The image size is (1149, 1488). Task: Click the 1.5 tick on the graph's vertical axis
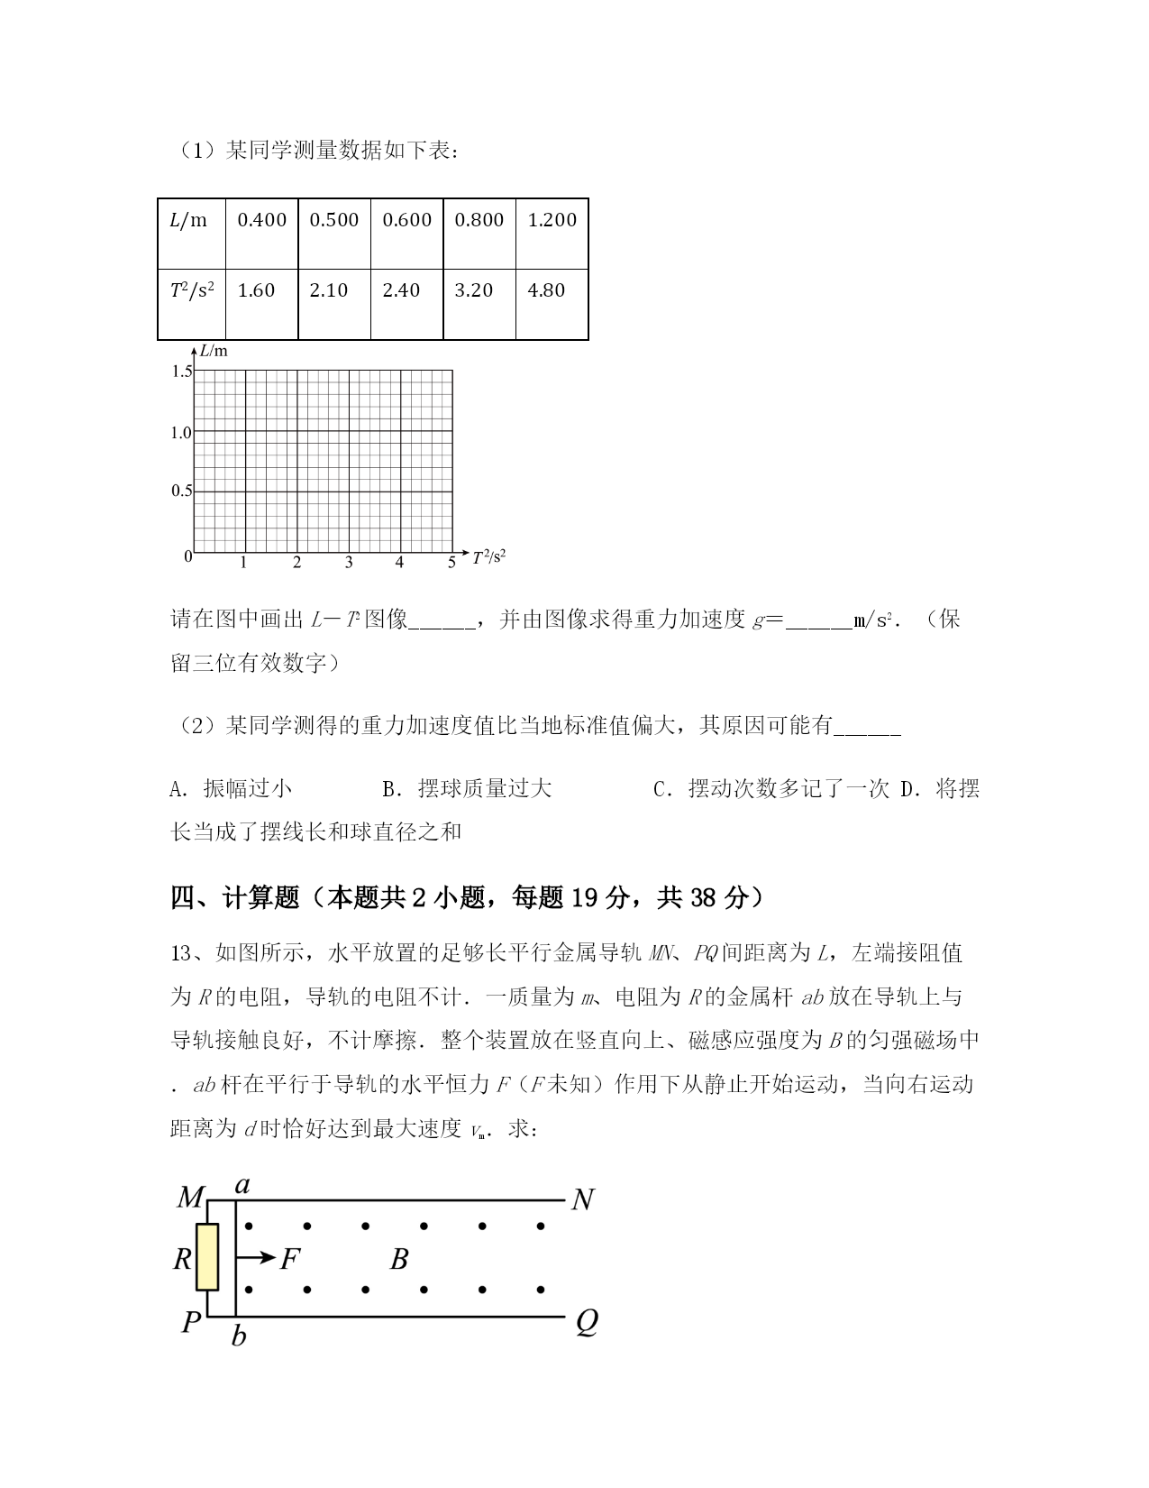(181, 372)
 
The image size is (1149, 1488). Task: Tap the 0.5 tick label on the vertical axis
(181, 491)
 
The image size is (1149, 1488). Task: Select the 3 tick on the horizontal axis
(349, 564)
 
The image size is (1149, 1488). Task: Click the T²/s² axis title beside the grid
(488, 557)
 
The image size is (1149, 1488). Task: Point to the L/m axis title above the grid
(214, 351)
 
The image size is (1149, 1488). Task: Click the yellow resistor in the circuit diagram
(208, 1257)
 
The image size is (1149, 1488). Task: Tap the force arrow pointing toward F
(255, 1257)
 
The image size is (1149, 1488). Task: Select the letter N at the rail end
(583, 1200)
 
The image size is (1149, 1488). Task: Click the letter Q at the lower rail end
(586, 1323)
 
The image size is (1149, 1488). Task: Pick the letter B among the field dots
(399, 1259)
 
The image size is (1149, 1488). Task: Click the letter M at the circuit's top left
(190, 1199)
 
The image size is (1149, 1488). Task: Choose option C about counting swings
(771, 789)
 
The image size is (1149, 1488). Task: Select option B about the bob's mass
(467, 789)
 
